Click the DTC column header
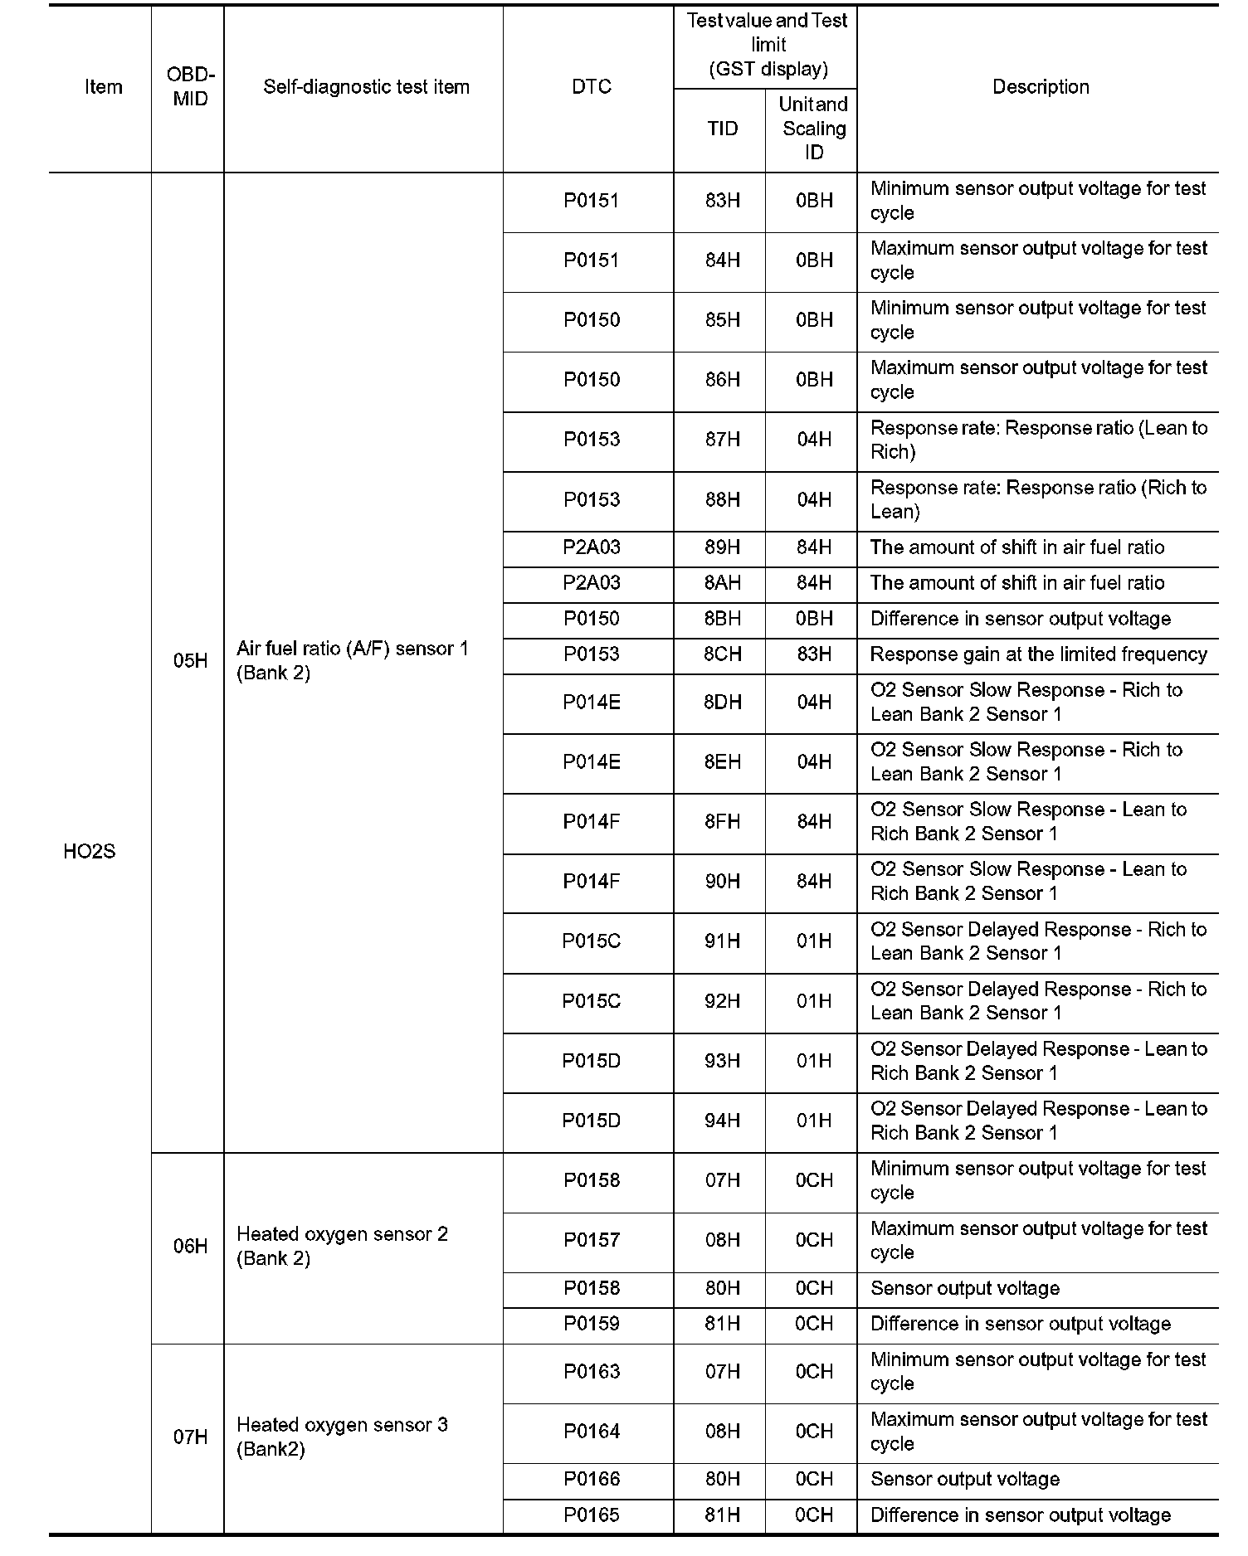tap(591, 87)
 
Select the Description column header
tap(1041, 87)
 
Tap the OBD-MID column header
tap(190, 87)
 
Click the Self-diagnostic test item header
tap(366, 87)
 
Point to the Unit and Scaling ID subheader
tap(813, 129)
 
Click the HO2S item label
tap(89, 852)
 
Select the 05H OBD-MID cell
tap(190, 661)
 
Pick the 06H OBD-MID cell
tap(190, 1247)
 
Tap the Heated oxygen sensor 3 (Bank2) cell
tap(342, 1437)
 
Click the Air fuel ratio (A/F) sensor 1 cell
tap(353, 661)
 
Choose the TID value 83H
tap(722, 201)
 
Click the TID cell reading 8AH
tap(722, 583)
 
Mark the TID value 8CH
tap(722, 654)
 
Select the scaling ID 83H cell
tap(813, 654)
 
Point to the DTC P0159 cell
tap(591, 1324)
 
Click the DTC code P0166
tap(591, 1479)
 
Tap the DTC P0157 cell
tap(591, 1240)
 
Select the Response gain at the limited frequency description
tap(1038, 654)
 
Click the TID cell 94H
tap(722, 1121)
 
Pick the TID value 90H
tap(722, 882)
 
